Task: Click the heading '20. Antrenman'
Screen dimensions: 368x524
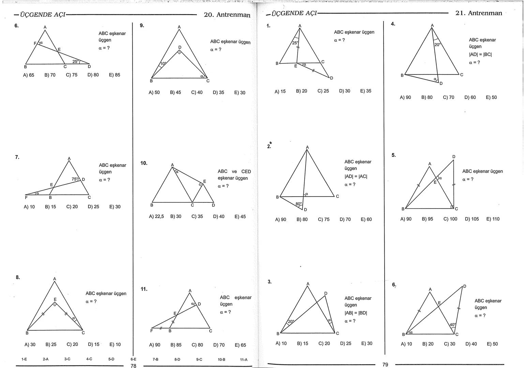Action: click(227, 15)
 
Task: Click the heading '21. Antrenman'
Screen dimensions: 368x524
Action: click(479, 13)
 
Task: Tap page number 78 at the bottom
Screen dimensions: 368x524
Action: click(133, 366)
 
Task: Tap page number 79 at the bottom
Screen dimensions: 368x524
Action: click(385, 365)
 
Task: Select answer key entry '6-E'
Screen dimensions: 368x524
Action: click(133, 359)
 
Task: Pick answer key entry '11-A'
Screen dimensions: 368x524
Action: click(244, 359)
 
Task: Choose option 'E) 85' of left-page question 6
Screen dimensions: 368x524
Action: click(115, 75)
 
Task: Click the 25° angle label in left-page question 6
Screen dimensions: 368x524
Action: click(75, 62)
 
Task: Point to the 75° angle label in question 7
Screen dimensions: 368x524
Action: click(75, 179)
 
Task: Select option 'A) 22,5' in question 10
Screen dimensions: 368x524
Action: click(156, 216)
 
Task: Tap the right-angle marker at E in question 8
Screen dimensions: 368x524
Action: click(55, 304)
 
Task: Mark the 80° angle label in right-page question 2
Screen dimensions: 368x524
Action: click(298, 204)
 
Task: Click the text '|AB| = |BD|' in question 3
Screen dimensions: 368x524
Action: click(356, 313)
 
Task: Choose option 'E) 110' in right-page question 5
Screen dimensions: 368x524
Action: click(493, 219)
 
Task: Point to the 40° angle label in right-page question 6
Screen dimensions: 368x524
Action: click(452, 325)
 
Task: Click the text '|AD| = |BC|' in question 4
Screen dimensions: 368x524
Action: click(480, 54)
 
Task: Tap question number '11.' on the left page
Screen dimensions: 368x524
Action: click(144, 289)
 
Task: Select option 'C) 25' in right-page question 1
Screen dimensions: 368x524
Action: click(323, 91)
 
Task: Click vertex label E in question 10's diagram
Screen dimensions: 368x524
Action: click(205, 181)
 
